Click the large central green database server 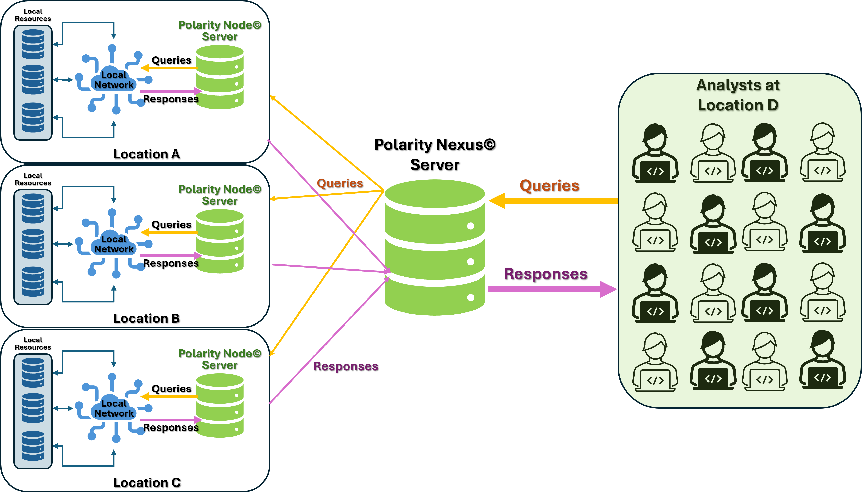pos(435,247)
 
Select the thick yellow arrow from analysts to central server pos(554,201)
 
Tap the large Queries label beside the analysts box pos(549,186)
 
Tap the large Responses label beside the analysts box pos(546,274)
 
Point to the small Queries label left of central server pos(340,183)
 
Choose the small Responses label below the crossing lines pos(345,366)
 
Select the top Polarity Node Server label pos(220,31)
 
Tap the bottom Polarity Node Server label pos(220,359)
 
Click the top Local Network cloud pos(114,80)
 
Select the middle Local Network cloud pos(114,244)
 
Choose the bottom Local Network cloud pos(114,409)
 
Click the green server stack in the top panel pos(220,77)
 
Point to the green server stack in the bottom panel pos(220,406)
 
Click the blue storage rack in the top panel pos(33,82)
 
